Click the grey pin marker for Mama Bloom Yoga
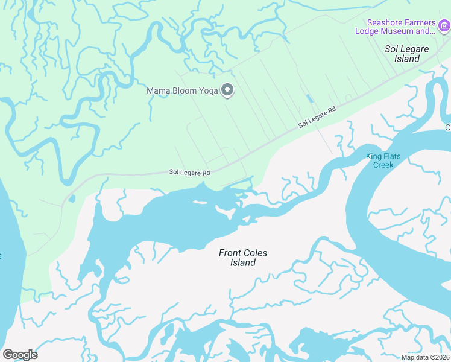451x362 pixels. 227,91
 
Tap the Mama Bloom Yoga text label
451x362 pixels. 183,91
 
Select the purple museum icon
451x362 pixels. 444,25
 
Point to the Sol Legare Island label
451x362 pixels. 402,53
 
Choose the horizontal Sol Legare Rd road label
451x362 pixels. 189,173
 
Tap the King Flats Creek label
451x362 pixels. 383,160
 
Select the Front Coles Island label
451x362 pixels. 242,258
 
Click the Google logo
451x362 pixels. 20,355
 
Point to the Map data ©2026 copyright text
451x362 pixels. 425,357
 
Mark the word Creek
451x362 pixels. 383,165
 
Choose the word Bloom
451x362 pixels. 182,91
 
